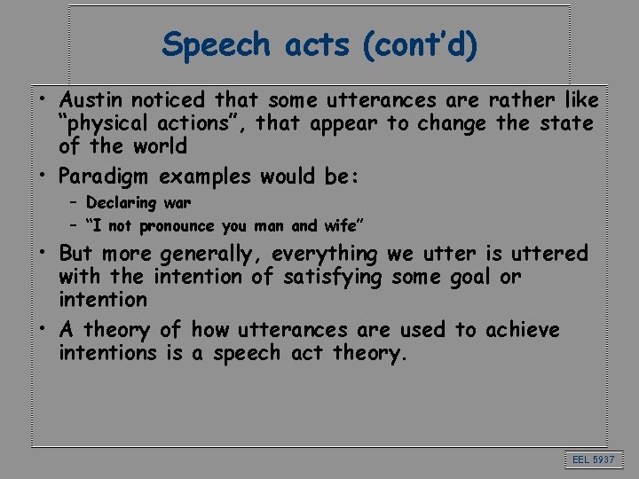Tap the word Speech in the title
click(217, 44)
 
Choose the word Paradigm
click(109, 177)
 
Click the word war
click(177, 203)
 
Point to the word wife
click(341, 226)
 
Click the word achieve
click(522, 330)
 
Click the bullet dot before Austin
click(41, 100)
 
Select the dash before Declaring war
click(72, 203)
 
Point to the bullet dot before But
click(41, 254)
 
